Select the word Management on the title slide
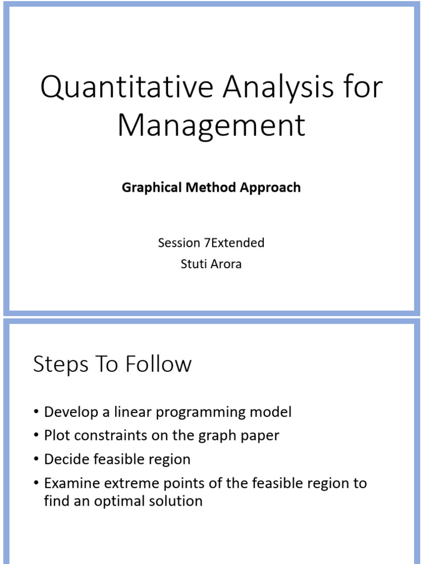tap(211, 125)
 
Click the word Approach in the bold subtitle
tap(270, 187)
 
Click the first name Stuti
tap(193, 264)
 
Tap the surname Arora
tap(226, 264)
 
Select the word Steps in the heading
tap(59, 365)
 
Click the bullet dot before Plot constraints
tap(36, 436)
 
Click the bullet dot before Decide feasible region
tap(36, 459)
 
